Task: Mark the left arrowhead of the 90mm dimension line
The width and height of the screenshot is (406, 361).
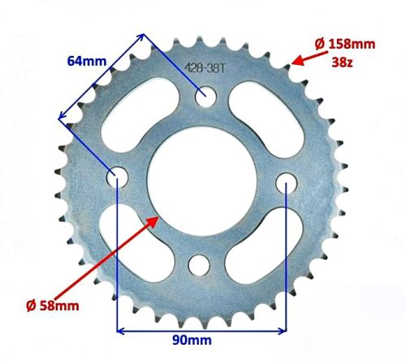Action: coord(122,330)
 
